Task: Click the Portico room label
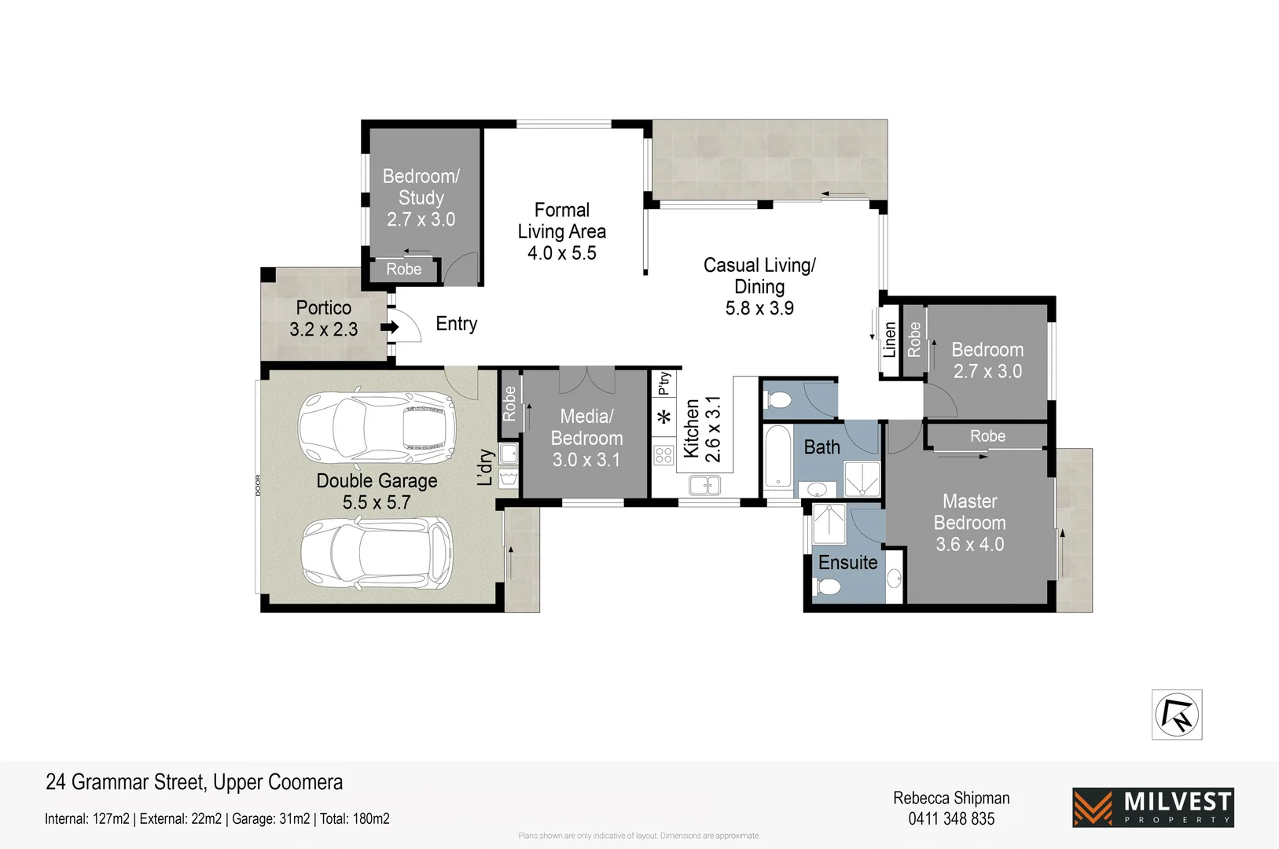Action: (323, 308)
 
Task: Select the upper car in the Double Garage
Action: (377, 428)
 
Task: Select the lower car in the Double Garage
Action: (377, 553)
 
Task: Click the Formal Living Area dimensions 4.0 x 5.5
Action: (561, 253)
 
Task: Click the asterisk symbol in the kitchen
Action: (663, 417)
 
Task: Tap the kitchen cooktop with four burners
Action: (663, 454)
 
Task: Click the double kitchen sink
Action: (704, 485)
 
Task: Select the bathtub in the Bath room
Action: (778, 458)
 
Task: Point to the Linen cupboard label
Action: (889, 340)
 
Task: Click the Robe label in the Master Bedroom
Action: (987, 436)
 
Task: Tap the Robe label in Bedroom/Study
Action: (403, 269)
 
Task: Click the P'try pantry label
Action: (664, 383)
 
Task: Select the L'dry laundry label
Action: (486, 467)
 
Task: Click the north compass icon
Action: (1176, 715)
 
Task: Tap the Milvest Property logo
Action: (1152, 807)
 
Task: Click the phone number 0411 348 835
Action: (951, 819)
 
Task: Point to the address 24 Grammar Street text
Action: (194, 782)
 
